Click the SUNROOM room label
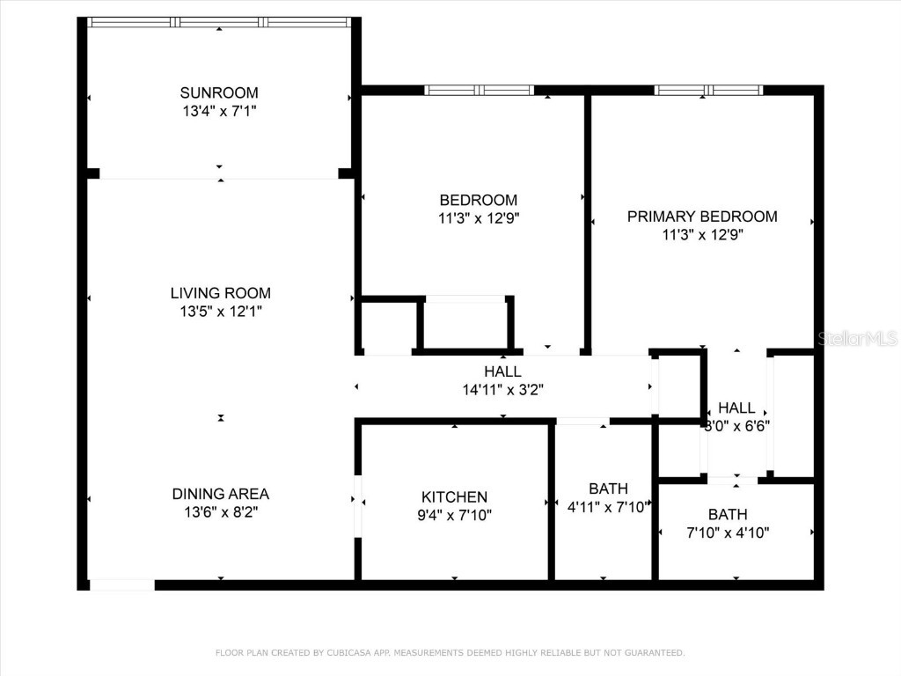pyautogui.click(x=219, y=92)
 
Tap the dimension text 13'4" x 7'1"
pyautogui.click(x=219, y=111)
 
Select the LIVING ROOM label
pyautogui.click(x=220, y=293)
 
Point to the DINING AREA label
pyautogui.click(x=220, y=494)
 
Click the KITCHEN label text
pyautogui.click(x=454, y=497)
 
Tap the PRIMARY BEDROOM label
pyautogui.click(x=701, y=217)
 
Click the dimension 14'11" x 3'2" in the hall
pyautogui.click(x=502, y=389)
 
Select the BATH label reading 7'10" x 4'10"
pyautogui.click(x=728, y=514)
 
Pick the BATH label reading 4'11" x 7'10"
pyautogui.click(x=608, y=489)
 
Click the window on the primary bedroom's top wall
pyautogui.click(x=708, y=90)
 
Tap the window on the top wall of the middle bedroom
pyautogui.click(x=479, y=90)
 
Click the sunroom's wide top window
pyautogui.click(x=219, y=22)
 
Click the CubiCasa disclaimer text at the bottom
pyautogui.click(x=450, y=652)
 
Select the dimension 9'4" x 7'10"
pyautogui.click(x=454, y=515)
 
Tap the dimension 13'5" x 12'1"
pyautogui.click(x=220, y=311)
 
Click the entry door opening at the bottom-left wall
pyautogui.click(x=121, y=584)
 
